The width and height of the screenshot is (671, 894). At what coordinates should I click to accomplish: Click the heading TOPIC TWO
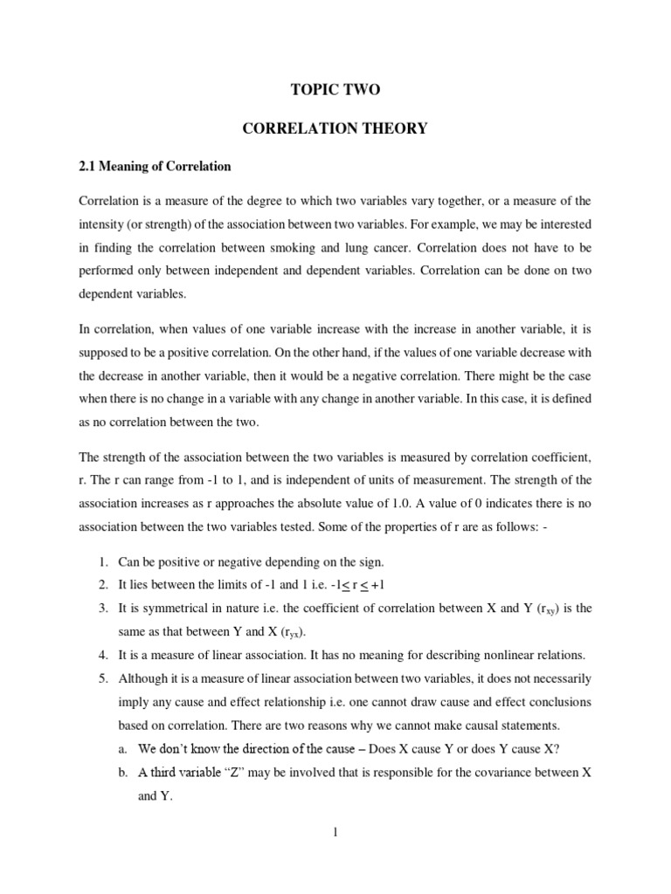335,90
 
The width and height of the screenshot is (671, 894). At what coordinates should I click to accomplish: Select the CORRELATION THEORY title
335,128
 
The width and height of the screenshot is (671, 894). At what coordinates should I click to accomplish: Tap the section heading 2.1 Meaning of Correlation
156,166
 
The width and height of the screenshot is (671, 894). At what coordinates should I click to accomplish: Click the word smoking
381,247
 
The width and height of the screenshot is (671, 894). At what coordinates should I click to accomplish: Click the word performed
107,271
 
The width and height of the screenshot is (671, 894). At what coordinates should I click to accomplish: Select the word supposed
106,353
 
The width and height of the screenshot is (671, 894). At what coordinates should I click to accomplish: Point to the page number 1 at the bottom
335,832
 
